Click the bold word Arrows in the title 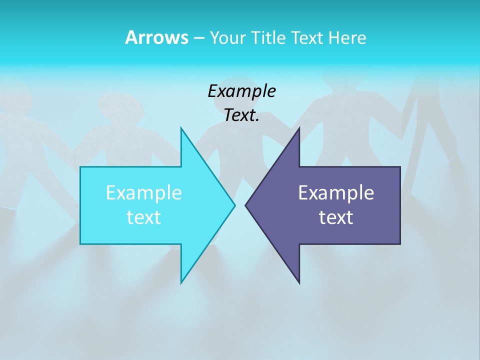(x=156, y=37)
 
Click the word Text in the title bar (x=307, y=37)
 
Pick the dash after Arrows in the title (x=198, y=38)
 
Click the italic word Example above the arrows (x=241, y=91)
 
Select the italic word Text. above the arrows (x=241, y=115)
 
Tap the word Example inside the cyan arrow (x=144, y=193)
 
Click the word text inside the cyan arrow (x=144, y=217)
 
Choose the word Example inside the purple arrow (x=336, y=193)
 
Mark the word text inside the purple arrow (x=336, y=217)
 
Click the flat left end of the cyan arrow (x=81, y=205)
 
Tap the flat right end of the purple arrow (x=400, y=205)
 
